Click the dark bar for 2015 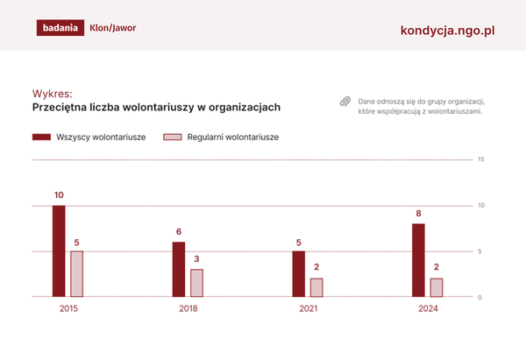(x=59, y=251)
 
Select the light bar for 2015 (x=77, y=274)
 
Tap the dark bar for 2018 (x=179, y=270)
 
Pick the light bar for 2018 (x=196, y=283)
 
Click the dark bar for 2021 (x=298, y=274)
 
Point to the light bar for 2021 (x=316, y=288)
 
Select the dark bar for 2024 (x=418, y=260)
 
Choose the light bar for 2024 (x=437, y=288)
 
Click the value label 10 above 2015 (x=59, y=194)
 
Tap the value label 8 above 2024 (x=418, y=213)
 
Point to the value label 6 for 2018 (x=179, y=231)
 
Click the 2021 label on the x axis (x=308, y=309)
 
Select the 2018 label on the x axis (x=188, y=309)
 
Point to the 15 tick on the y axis (x=480, y=159)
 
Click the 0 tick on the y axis (x=480, y=298)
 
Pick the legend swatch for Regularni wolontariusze (x=173, y=138)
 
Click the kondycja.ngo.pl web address (x=447, y=29)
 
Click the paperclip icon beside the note (x=345, y=102)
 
